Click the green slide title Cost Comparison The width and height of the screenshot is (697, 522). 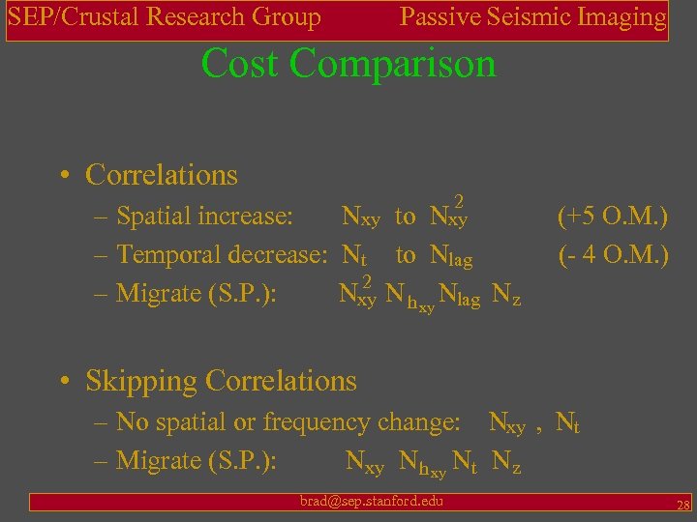pos(348,64)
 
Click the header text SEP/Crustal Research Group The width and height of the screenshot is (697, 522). pos(165,17)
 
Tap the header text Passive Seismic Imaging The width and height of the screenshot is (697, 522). pos(533,17)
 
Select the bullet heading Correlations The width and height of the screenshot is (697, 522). pos(161,175)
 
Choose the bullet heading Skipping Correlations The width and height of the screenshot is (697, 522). pos(221,381)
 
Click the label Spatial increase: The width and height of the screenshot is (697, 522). pos(204,216)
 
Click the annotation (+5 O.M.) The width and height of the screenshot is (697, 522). pos(613,216)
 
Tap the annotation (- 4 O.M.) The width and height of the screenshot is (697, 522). pos(613,255)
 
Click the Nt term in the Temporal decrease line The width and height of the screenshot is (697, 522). pos(354,256)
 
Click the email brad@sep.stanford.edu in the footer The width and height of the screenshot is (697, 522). pos(371,501)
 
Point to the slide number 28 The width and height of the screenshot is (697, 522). pos(682,505)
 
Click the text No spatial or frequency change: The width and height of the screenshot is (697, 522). pos(288,422)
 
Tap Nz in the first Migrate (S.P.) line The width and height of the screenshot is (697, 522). pos(506,295)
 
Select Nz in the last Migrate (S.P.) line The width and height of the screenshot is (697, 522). pos(506,464)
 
